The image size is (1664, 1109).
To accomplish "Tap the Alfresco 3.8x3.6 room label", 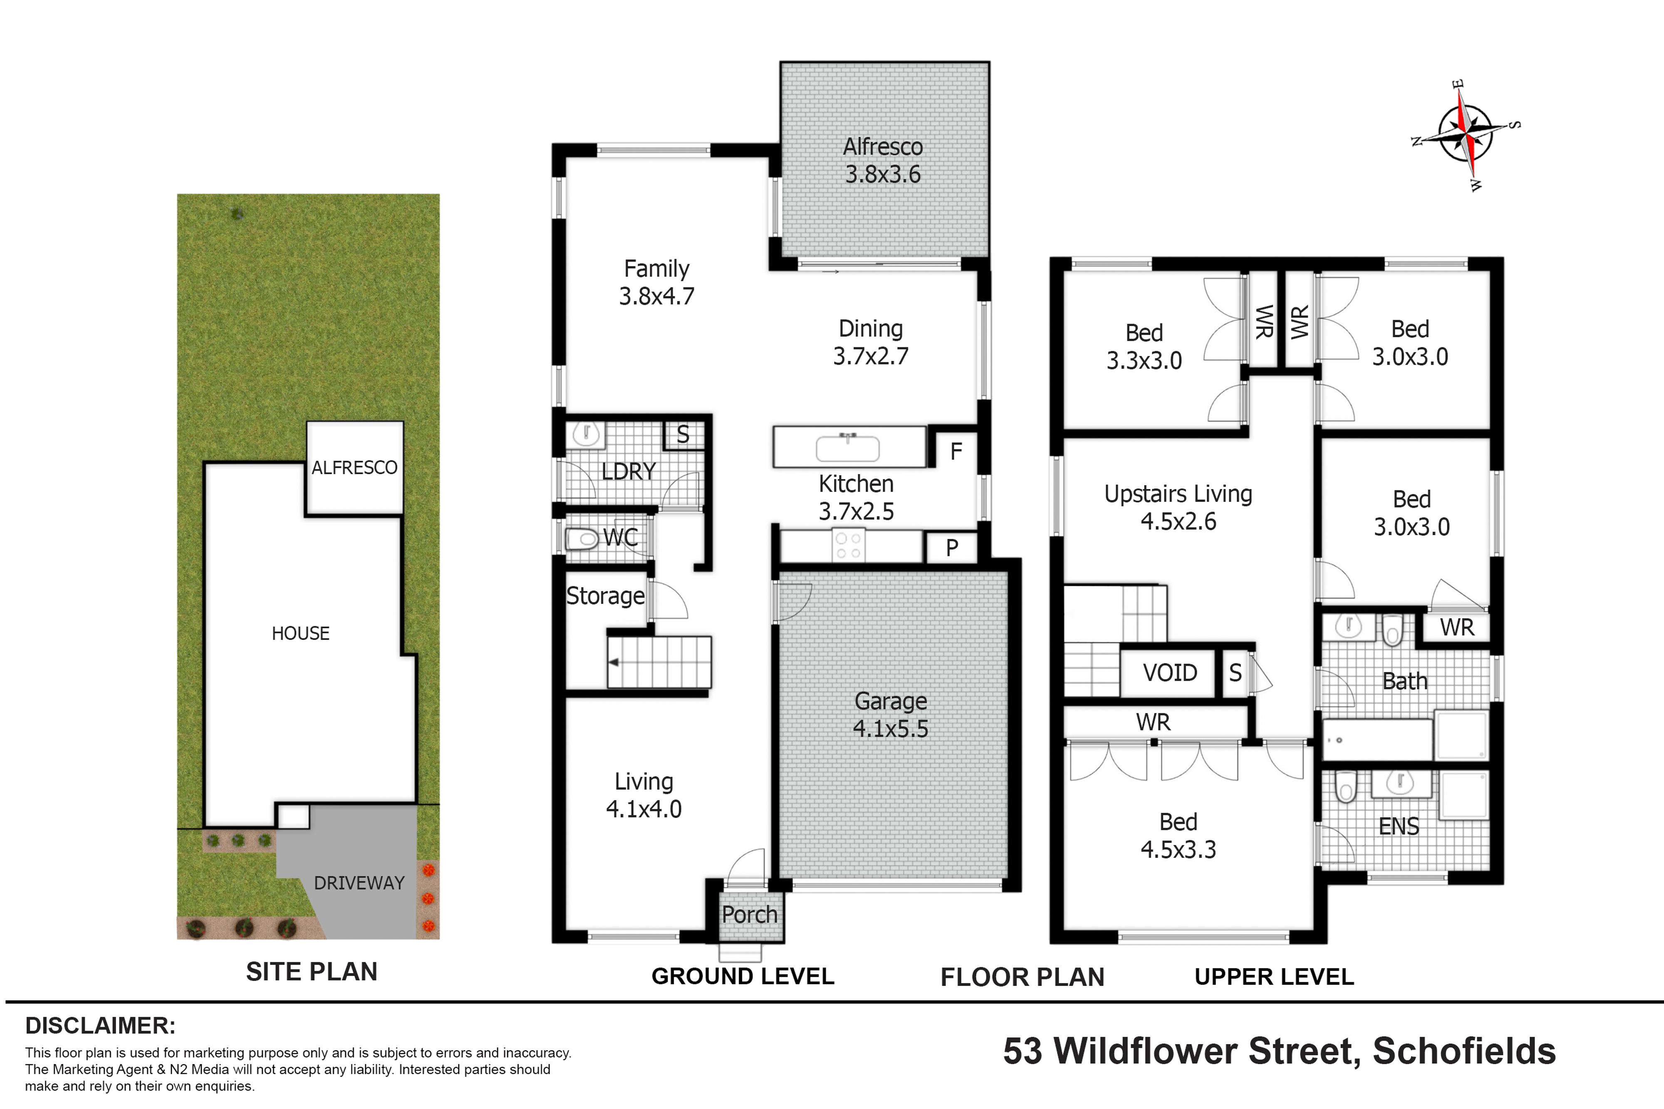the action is pos(883,161).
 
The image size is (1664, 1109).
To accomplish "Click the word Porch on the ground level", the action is pos(749,914).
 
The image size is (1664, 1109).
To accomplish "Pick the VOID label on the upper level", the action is pos(1170,673).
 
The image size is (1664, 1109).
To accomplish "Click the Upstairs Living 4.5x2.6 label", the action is pos(1178,507).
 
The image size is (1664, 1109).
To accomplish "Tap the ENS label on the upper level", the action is pos(1399,826).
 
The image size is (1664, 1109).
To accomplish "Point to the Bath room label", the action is pos(1405,681).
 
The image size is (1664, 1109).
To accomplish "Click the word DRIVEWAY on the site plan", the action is pos(359,883).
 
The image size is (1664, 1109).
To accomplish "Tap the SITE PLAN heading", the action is pos(311,972).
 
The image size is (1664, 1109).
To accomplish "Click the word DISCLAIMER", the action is pos(100,1025).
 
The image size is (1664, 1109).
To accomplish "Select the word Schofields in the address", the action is pos(1464,1051).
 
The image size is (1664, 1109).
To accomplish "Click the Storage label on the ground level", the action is pos(606,596).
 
